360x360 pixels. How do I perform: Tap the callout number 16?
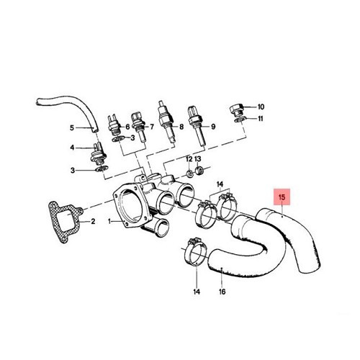coord(222,292)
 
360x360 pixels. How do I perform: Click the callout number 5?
coord(72,128)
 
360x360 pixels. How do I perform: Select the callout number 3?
coord(72,170)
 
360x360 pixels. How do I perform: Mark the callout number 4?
coord(72,148)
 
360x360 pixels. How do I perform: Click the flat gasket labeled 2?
coord(64,220)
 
